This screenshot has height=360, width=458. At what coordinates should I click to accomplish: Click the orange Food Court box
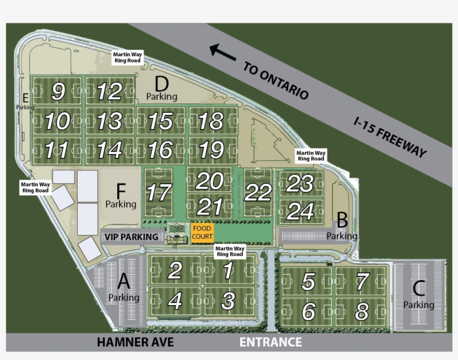[202, 233]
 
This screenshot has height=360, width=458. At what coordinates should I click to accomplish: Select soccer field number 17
[159, 193]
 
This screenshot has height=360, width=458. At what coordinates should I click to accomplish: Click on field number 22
[258, 193]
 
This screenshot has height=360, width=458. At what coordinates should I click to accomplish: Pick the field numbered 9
[58, 91]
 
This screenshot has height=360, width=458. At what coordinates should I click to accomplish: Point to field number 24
[300, 211]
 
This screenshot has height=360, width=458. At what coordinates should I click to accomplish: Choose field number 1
[228, 271]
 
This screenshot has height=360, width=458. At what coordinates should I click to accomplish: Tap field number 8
[362, 311]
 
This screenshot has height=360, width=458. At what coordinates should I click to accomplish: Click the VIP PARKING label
[131, 237]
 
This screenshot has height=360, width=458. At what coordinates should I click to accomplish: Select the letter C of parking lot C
[419, 288]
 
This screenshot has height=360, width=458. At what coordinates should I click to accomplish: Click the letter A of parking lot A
[124, 280]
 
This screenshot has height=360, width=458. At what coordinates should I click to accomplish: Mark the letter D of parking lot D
[161, 84]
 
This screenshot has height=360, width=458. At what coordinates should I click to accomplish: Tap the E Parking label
[25, 102]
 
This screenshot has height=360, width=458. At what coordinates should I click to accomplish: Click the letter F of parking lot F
[121, 189]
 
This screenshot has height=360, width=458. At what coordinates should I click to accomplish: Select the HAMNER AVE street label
[135, 342]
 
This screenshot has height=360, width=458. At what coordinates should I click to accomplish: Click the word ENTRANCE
[270, 342]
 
